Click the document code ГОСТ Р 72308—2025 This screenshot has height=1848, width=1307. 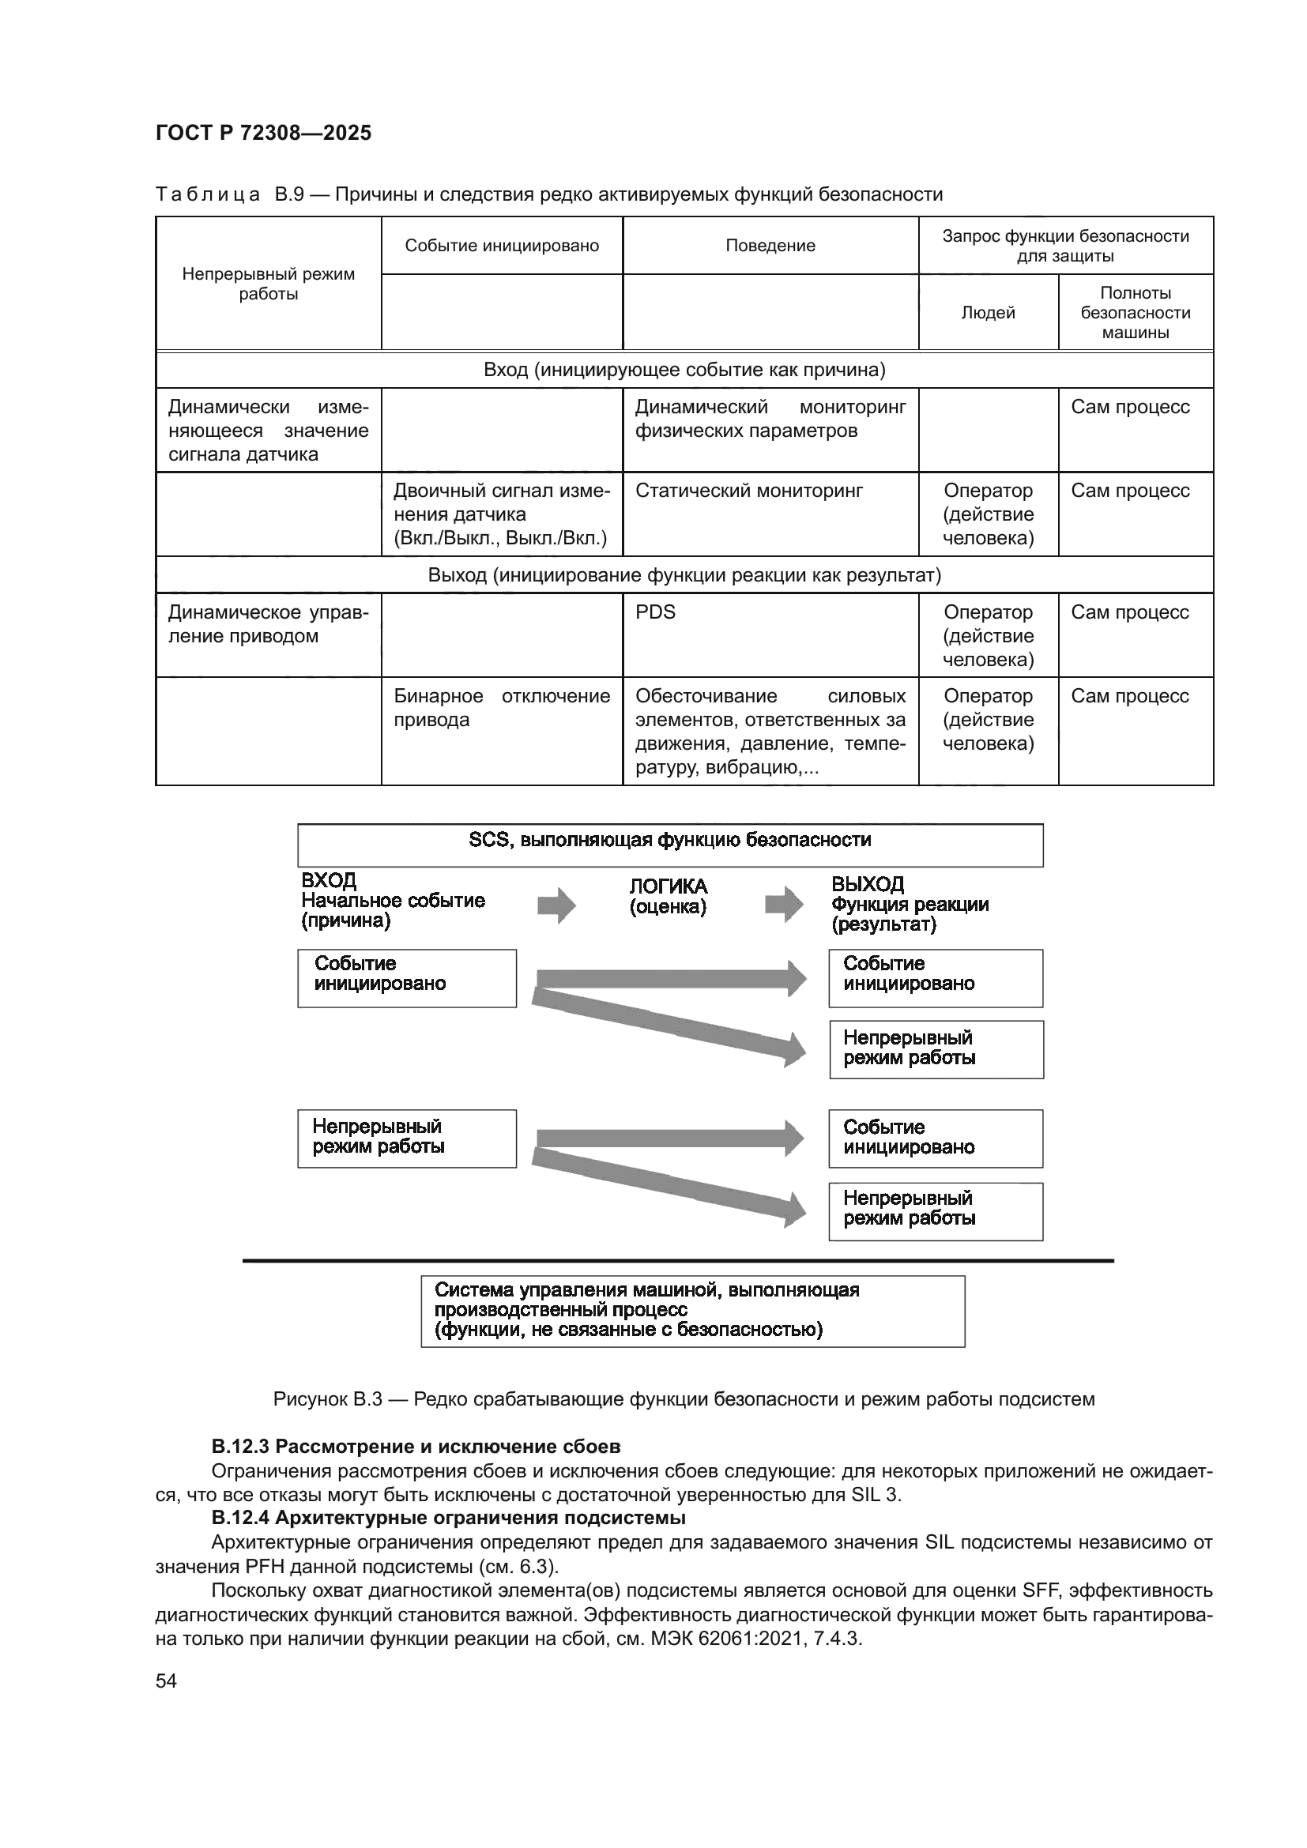click(263, 133)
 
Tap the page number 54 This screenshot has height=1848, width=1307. click(166, 1681)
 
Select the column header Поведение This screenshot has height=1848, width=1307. click(770, 246)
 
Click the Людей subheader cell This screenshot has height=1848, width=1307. click(988, 312)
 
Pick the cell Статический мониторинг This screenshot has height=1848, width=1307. click(748, 490)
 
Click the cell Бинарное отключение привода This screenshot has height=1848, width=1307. click(502, 707)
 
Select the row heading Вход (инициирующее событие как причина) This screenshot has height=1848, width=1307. click(684, 370)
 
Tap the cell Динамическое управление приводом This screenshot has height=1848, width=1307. click(268, 624)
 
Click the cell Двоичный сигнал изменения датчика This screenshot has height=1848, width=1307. click(502, 514)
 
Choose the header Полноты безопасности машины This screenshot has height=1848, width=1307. click(1135, 312)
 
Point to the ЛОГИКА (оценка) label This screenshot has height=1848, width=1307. click(668, 896)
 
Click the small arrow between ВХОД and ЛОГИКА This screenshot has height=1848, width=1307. click(556, 905)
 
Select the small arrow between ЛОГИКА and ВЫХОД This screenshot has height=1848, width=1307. click(783, 904)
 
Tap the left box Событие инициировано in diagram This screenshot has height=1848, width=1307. click(406, 977)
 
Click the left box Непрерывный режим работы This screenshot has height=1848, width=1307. click(406, 1138)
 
